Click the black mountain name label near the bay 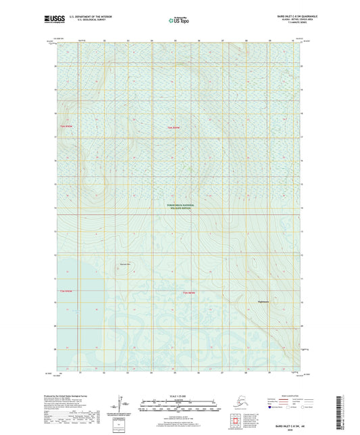pos(124,263)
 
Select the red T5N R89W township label pos(175,126)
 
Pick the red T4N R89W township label pos(189,291)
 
